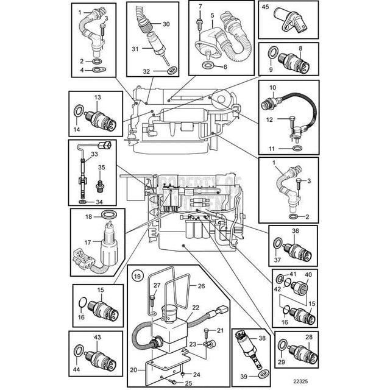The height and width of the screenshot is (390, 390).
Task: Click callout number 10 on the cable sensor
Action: click(273, 88)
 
